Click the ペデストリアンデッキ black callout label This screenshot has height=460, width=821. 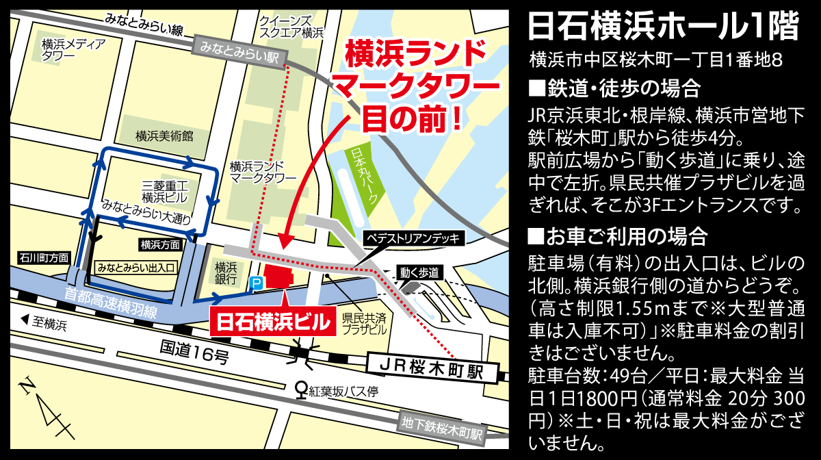coord(414,238)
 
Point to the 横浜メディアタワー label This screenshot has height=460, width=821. coord(73,50)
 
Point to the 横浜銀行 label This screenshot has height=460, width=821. coord(226,272)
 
